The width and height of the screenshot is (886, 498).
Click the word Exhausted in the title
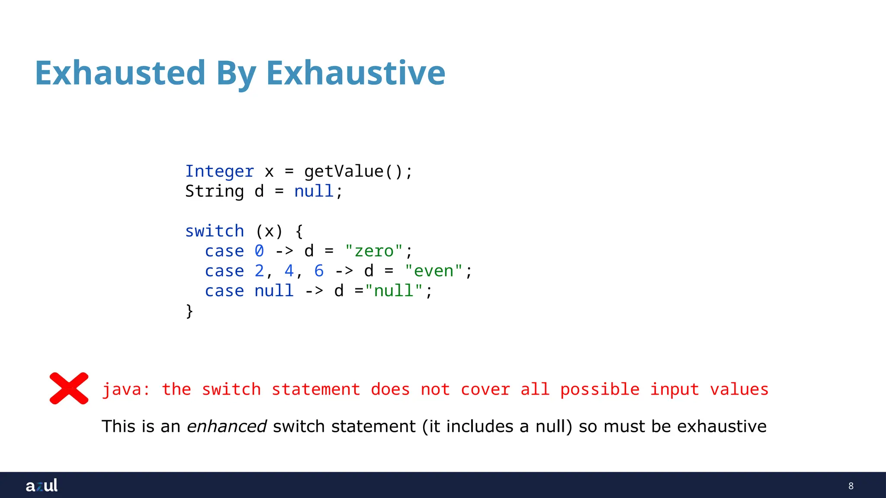120,73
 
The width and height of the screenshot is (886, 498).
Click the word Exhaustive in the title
356,73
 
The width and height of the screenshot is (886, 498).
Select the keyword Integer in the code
219,172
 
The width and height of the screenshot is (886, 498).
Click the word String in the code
215,192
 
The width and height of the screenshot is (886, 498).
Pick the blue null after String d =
314,192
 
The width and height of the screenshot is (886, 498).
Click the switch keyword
215,231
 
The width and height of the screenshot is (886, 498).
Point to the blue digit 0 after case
259,251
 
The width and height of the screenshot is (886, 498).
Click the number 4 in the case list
289,271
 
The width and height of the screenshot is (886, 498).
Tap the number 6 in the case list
319,271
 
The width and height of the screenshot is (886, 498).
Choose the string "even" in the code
433,271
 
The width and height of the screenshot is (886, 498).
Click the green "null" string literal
394,291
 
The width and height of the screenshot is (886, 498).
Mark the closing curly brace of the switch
189,311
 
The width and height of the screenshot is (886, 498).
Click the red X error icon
69,388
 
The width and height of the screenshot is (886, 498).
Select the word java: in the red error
125,389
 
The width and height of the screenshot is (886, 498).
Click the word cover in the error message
485,389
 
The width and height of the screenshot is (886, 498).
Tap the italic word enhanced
227,427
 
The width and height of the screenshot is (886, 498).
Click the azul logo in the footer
42,485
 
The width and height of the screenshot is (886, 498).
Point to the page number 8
851,486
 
